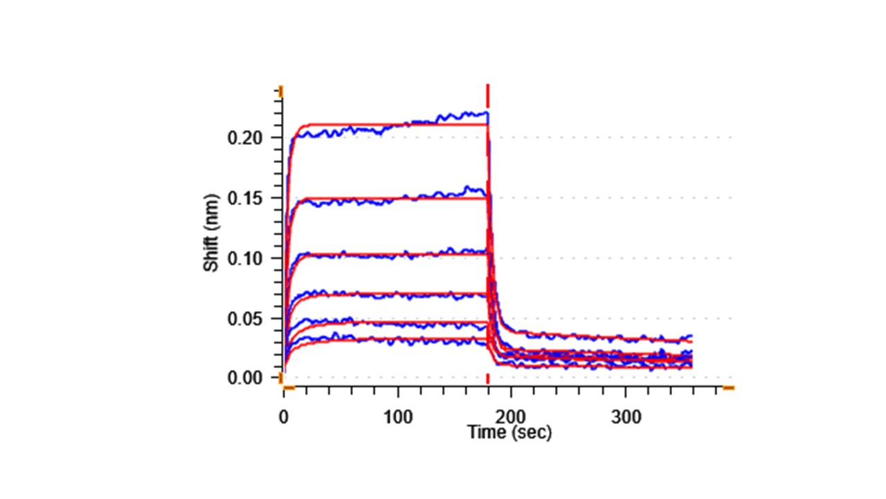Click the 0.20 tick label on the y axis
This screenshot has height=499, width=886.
point(246,138)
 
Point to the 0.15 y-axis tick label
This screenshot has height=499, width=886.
point(246,198)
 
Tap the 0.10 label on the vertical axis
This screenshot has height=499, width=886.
point(246,259)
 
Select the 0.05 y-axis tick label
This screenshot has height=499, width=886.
point(246,319)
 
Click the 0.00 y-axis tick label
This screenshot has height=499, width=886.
point(246,378)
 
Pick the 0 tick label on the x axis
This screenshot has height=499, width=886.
point(283,417)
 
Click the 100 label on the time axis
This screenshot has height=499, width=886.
point(397,417)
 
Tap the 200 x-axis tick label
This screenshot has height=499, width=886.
point(512,417)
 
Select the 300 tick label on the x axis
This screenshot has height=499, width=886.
point(626,417)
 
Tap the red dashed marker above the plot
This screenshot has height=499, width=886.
point(488,93)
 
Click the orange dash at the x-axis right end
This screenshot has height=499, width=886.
point(728,388)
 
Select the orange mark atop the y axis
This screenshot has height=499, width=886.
point(281,91)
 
